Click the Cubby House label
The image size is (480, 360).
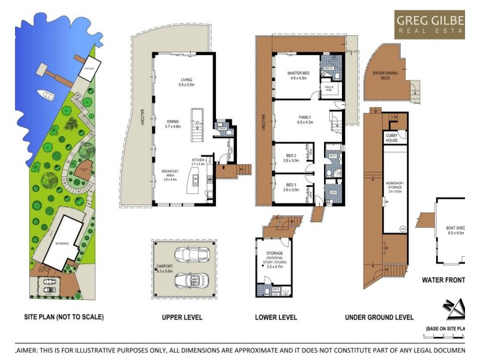tap(392, 138)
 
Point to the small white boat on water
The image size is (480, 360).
tap(46, 94)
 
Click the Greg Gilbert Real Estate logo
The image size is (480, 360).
tap(430, 25)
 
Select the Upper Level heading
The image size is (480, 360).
tap(182, 317)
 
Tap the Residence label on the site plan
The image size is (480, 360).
tap(62, 244)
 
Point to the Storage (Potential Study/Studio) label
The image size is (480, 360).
tap(274, 257)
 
